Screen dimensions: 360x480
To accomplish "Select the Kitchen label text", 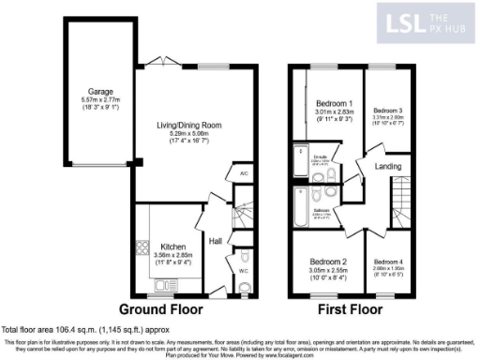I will (x=172, y=247).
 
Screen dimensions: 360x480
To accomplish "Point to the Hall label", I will (x=214, y=240).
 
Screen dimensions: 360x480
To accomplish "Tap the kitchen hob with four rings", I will (x=142, y=247).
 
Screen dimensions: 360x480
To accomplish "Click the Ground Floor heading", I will (x=169, y=308).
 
